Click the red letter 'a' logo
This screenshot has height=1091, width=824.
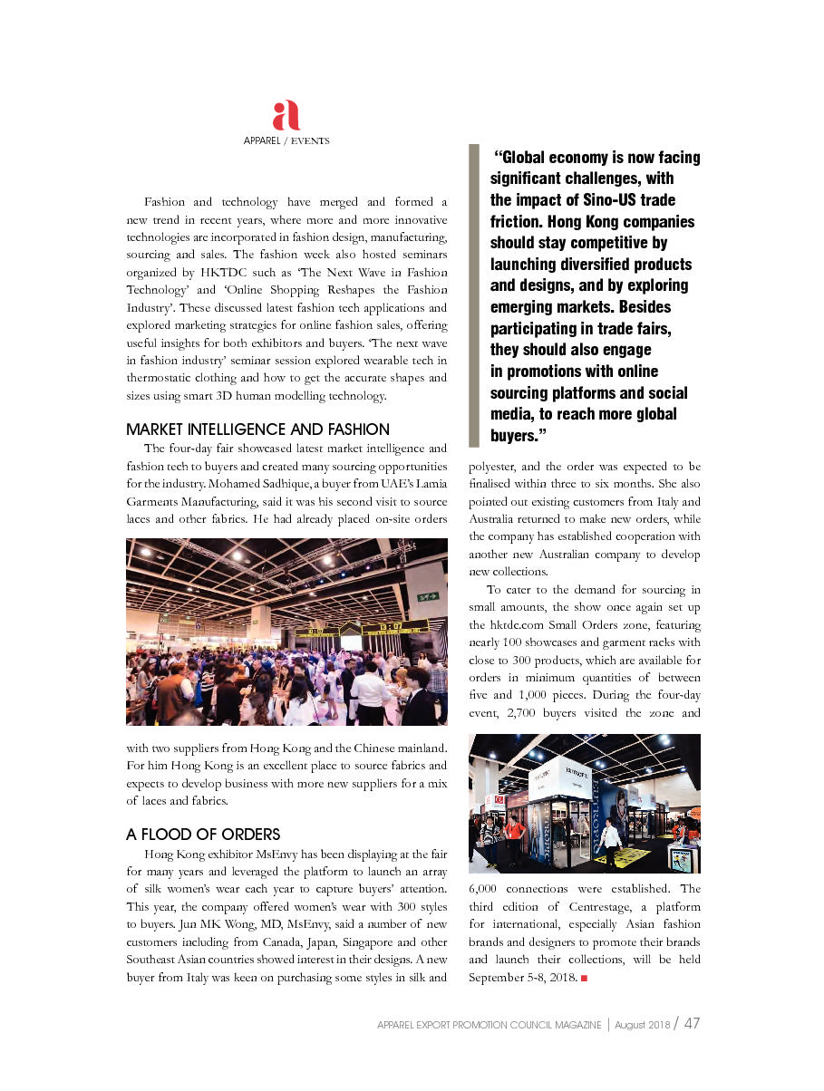[286, 116]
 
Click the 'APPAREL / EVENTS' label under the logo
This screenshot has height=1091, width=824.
[286, 141]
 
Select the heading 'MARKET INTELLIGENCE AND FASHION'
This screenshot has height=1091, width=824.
[258, 430]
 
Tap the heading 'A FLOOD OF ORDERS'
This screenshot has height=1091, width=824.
[203, 835]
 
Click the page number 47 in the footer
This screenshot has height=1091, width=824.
[692, 1024]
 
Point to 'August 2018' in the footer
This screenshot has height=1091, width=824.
[642, 1025]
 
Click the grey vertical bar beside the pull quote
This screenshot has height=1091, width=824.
[473, 295]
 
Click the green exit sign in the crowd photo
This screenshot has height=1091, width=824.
[428, 596]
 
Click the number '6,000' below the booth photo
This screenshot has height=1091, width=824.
[490, 889]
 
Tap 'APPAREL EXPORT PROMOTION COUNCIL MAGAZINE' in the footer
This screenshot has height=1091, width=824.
[490, 1025]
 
